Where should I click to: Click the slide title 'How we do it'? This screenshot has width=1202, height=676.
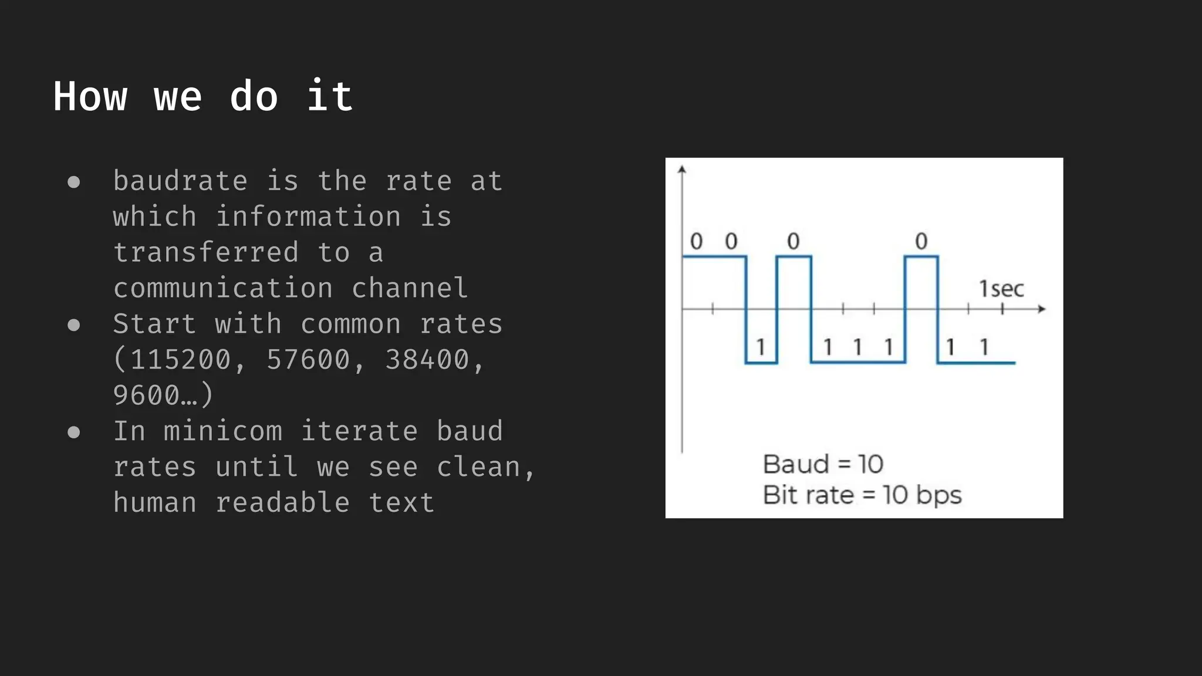[x=203, y=96]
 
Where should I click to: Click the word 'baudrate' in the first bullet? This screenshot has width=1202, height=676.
[x=180, y=181]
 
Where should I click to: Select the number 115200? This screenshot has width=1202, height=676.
[x=180, y=360]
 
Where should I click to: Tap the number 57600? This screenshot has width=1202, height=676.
[x=308, y=360]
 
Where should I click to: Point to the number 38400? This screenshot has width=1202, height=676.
[x=427, y=360]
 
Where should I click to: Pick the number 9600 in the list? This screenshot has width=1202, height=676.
[x=146, y=396]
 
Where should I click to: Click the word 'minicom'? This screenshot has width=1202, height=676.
[x=223, y=431]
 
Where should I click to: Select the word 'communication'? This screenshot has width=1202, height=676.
[x=223, y=288]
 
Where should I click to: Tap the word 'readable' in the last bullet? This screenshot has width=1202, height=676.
[x=282, y=503]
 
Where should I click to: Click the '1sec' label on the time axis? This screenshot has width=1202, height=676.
[x=1001, y=289]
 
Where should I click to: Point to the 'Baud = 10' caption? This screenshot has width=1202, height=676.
[x=823, y=464]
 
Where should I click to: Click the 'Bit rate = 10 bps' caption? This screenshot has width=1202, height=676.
[x=862, y=495]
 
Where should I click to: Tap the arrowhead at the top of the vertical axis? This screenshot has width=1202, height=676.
[x=681, y=170]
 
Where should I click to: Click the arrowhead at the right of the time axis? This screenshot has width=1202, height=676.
[x=1042, y=309]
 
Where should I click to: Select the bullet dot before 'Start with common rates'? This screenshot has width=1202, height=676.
[x=73, y=325]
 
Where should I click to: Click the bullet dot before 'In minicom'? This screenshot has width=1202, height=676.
[x=73, y=432]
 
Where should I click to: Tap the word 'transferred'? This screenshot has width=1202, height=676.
[x=206, y=252]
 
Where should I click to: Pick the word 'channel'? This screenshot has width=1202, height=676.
[x=409, y=288]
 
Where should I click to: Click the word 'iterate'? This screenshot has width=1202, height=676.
[x=359, y=431]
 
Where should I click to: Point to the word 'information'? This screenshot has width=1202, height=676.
[x=308, y=217]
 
